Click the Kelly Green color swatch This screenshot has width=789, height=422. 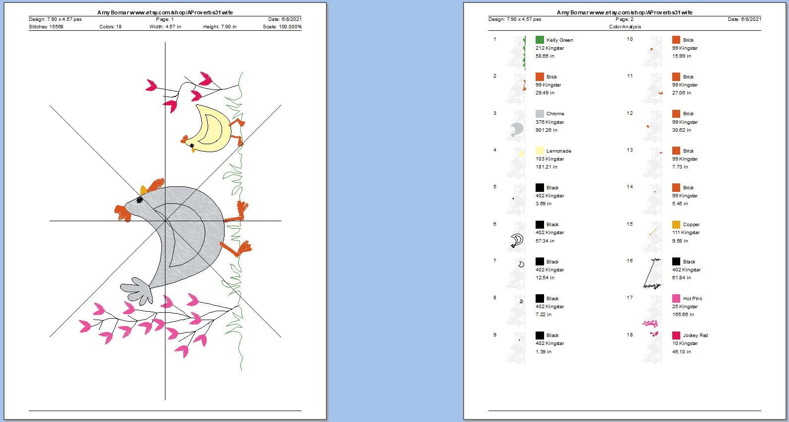coord(539,40)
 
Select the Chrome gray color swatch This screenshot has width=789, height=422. coord(539,113)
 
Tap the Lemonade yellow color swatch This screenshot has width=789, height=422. coord(539,151)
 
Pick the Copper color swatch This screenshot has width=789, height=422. coord(676,224)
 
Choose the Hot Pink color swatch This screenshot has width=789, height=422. coord(676,298)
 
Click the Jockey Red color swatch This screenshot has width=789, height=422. coord(676,335)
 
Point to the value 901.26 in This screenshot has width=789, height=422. coord(547,130)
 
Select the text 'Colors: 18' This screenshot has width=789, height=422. coord(110,27)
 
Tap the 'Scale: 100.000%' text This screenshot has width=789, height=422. coord(282,27)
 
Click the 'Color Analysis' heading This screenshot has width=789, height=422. coord(625,27)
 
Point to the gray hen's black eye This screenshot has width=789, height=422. coord(140,200)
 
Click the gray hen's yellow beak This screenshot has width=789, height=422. coord(143,190)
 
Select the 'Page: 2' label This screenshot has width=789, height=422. coord(625,19)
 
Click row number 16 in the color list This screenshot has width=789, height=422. coord(630,260)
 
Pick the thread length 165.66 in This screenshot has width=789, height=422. coord(683,315)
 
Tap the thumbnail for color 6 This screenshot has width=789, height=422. coord(517,240)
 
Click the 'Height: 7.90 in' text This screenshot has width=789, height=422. coord(220,27)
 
